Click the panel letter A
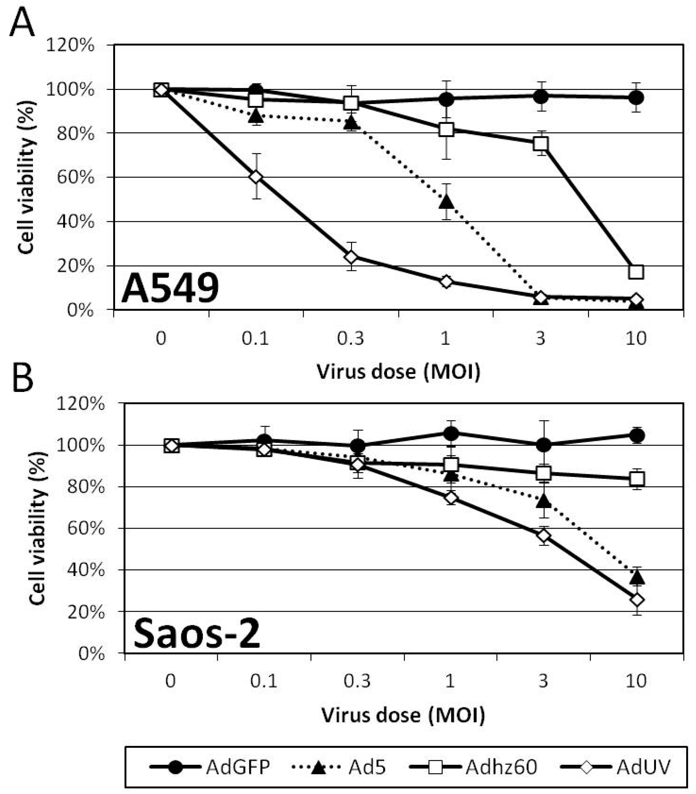coord(22,22)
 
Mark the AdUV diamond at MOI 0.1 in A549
coord(255,177)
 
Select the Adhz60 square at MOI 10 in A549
coord(636,272)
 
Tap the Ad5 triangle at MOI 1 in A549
coord(446,201)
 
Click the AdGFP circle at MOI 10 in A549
coord(636,98)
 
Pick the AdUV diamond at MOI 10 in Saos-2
coord(637,600)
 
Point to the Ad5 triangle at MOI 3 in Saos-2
coord(543,501)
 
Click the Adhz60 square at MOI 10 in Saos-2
coord(637,479)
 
